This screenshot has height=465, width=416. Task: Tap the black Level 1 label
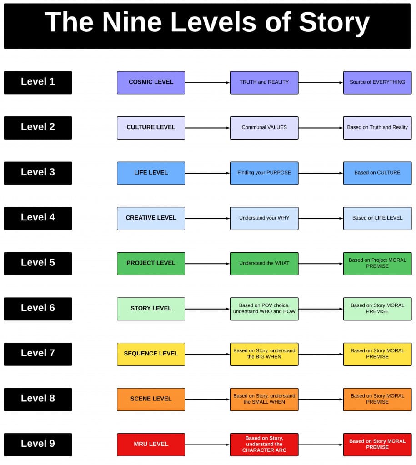click(38, 82)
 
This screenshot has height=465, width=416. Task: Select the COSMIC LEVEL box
click(151, 82)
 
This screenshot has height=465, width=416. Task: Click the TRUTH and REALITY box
click(264, 82)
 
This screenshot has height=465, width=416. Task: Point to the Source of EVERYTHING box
click(377, 82)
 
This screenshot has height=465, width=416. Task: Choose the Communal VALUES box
click(264, 128)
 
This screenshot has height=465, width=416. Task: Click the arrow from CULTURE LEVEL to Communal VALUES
click(207, 128)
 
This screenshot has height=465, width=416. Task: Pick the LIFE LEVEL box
click(151, 173)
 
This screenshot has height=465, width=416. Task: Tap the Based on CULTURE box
click(377, 173)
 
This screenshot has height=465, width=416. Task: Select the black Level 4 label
click(38, 218)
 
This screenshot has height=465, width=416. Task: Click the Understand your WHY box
click(264, 218)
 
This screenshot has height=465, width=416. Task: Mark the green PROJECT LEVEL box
click(151, 263)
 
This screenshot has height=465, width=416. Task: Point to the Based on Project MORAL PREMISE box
click(377, 263)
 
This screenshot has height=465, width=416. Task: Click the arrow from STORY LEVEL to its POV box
click(207, 309)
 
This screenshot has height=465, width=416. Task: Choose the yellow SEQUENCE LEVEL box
click(151, 354)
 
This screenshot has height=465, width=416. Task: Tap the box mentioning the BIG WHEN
click(264, 354)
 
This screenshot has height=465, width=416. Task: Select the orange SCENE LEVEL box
click(151, 399)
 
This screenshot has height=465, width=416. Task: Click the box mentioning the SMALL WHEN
click(264, 399)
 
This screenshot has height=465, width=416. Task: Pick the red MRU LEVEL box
click(151, 444)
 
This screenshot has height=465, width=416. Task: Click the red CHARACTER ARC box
click(264, 444)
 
